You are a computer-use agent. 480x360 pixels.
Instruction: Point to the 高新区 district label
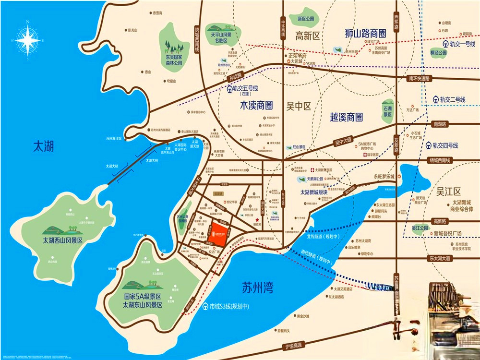308,36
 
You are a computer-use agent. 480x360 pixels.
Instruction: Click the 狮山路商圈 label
365,34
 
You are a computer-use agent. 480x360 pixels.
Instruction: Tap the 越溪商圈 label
346,117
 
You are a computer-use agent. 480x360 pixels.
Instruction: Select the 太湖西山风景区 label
62,240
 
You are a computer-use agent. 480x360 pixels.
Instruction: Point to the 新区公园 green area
305,19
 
